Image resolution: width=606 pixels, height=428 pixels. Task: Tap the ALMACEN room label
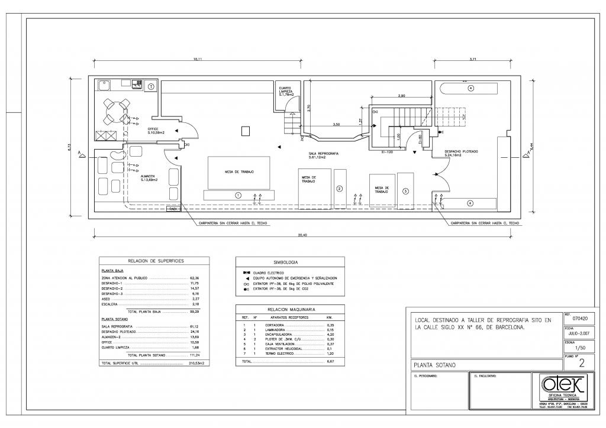[149, 178]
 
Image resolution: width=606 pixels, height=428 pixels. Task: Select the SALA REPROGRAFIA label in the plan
[323, 155]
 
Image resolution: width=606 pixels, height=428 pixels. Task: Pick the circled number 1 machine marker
[238, 194]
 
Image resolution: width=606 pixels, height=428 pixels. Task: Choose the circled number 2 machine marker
[339, 189]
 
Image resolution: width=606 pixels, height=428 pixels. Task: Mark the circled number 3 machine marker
[405, 191]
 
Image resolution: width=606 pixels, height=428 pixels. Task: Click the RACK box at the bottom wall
[173, 209]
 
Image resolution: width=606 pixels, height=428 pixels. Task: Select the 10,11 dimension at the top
[198, 59]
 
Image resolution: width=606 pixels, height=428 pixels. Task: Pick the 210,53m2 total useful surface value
[196, 363]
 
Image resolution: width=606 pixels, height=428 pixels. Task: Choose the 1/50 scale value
[579, 349]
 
